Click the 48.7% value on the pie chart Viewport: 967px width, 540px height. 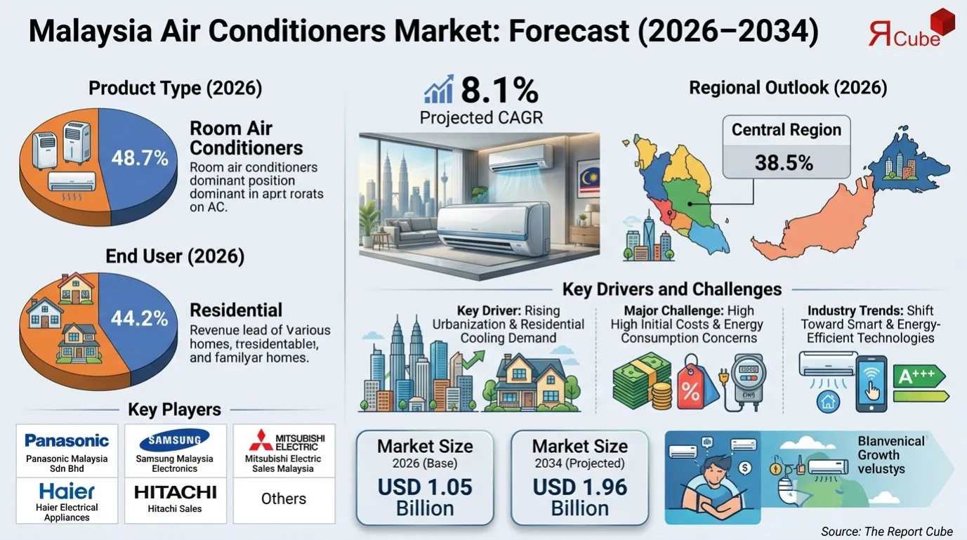point(140,158)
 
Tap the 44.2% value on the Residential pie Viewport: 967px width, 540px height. point(140,319)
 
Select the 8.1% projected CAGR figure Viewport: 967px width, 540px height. point(499,91)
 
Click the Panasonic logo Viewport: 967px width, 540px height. point(67,440)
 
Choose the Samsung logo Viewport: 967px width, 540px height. point(175,440)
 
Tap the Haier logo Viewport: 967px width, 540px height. point(67,491)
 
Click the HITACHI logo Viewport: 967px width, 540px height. point(176,492)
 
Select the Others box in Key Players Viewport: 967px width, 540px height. point(284,499)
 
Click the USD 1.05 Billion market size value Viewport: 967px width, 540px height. point(425,496)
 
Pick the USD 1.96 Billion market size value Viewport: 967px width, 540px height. point(579,496)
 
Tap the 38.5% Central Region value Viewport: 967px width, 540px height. point(784,163)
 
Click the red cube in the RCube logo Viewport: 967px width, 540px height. point(942,22)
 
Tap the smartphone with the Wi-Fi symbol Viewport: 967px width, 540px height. point(871,383)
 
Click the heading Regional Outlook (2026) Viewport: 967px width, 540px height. point(788,88)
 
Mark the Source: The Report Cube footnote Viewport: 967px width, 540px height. point(886,530)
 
